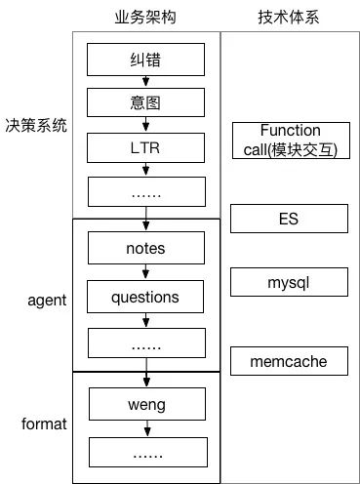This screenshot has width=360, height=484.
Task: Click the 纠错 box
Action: point(146,61)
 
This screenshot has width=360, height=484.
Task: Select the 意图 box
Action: point(146,104)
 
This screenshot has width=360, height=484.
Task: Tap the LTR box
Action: point(146,148)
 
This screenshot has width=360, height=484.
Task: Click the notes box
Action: point(146,248)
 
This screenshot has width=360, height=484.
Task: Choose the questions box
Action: point(146,295)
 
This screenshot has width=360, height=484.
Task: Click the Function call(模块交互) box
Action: point(290,140)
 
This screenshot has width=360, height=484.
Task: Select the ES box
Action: point(290,219)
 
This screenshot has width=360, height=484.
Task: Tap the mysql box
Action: point(290,283)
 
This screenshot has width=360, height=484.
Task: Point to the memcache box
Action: point(290,362)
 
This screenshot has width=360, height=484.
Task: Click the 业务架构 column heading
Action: point(146,16)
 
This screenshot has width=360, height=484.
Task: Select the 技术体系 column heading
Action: point(290,16)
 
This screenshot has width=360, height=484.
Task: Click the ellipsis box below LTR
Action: point(146,193)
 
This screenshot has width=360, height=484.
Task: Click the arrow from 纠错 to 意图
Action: point(146,83)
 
